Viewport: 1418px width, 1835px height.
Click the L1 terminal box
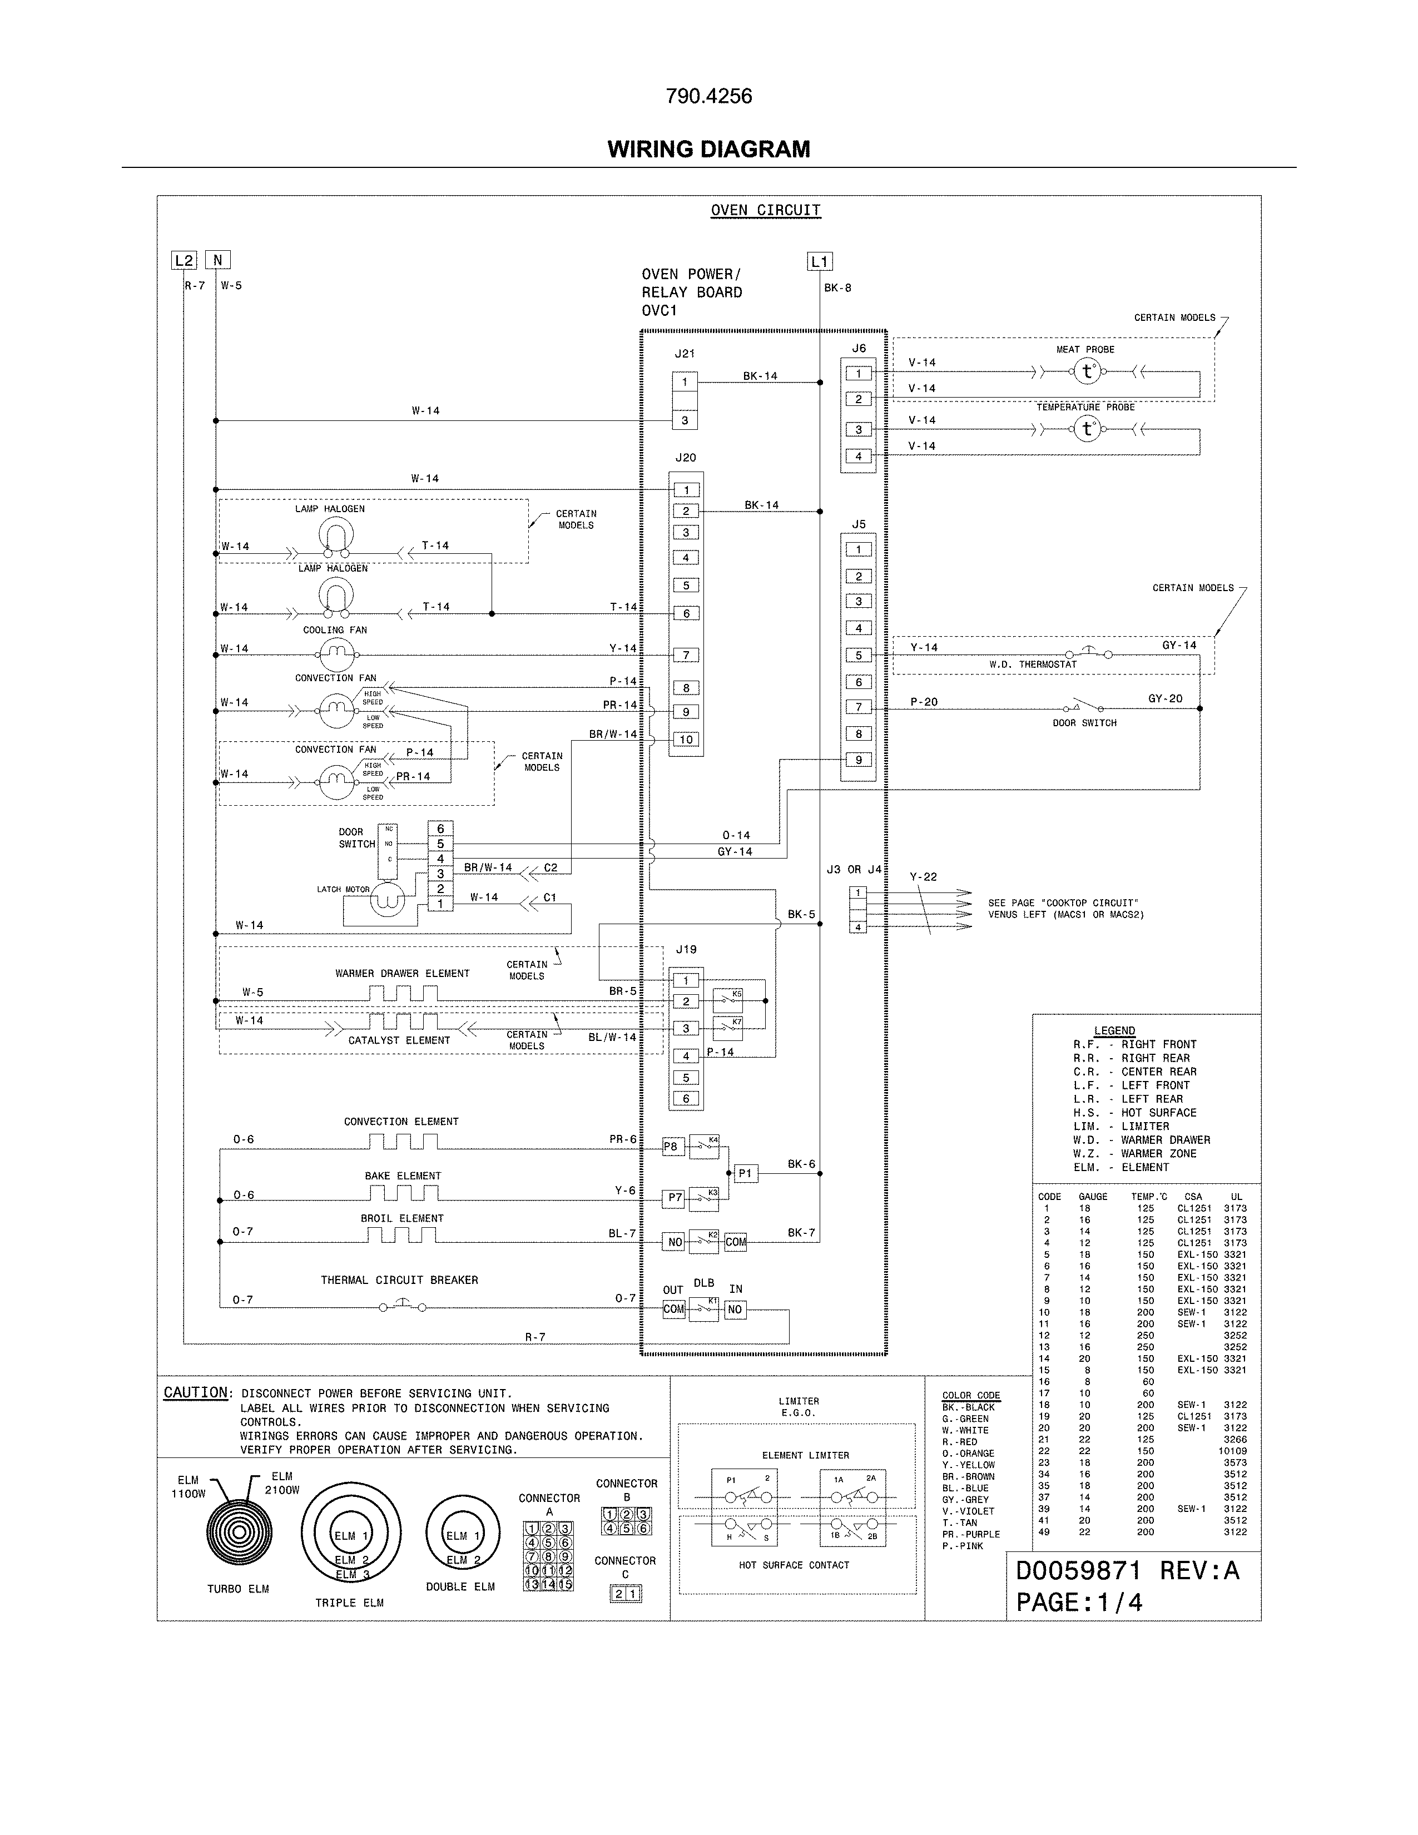coord(819,261)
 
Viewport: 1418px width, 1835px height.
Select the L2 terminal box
coord(184,260)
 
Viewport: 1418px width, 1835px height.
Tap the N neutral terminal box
coord(217,260)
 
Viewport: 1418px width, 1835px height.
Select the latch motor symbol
coord(388,900)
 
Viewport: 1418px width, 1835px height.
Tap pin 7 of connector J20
coord(686,656)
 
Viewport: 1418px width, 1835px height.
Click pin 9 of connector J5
coord(859,760)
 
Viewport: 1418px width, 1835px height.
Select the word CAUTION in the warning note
coord(196,1393)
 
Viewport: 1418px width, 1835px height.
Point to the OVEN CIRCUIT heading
coord(765,211)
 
